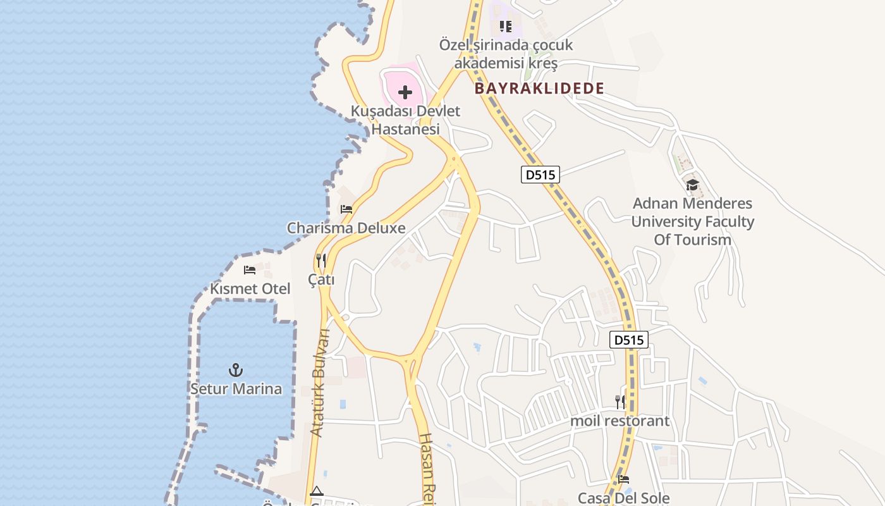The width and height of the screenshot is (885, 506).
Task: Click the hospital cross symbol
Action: [x=405, y=93]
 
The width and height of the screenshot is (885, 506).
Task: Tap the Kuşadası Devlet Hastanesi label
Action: [x=405, y=120]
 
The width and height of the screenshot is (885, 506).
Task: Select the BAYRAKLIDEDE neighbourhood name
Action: [x=539, y=89]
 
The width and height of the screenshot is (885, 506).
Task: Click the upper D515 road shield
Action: [x=540, y=175]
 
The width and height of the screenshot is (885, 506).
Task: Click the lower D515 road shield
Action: [x=629, y=340]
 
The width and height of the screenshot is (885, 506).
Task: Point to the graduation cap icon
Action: [x=692, y=185]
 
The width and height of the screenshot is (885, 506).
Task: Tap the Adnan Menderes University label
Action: [x=692, y=221]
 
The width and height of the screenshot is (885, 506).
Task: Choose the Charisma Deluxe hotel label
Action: [x=346, y=228]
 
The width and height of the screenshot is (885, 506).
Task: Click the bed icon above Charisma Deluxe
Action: [x=346, y=209]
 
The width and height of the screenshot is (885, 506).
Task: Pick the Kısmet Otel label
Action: [x=250, y=289]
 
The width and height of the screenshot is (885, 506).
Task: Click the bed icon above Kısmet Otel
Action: [x=250, y=270]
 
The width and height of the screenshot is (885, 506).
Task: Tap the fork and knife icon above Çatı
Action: [x=321, y=260]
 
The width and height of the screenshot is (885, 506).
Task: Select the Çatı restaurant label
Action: [x=321, y=279]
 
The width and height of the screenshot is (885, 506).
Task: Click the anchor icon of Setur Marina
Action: [x=236, y=370]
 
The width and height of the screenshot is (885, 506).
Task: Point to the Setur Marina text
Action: [x=236, y=388]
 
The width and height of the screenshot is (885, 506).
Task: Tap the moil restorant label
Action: [x=619, y=421]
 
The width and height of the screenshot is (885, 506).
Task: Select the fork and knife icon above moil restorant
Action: [x=620, y=402]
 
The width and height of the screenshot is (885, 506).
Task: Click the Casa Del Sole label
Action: [x=623, y=498]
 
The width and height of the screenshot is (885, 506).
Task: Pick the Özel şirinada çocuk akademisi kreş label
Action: [x=506, y=54]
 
